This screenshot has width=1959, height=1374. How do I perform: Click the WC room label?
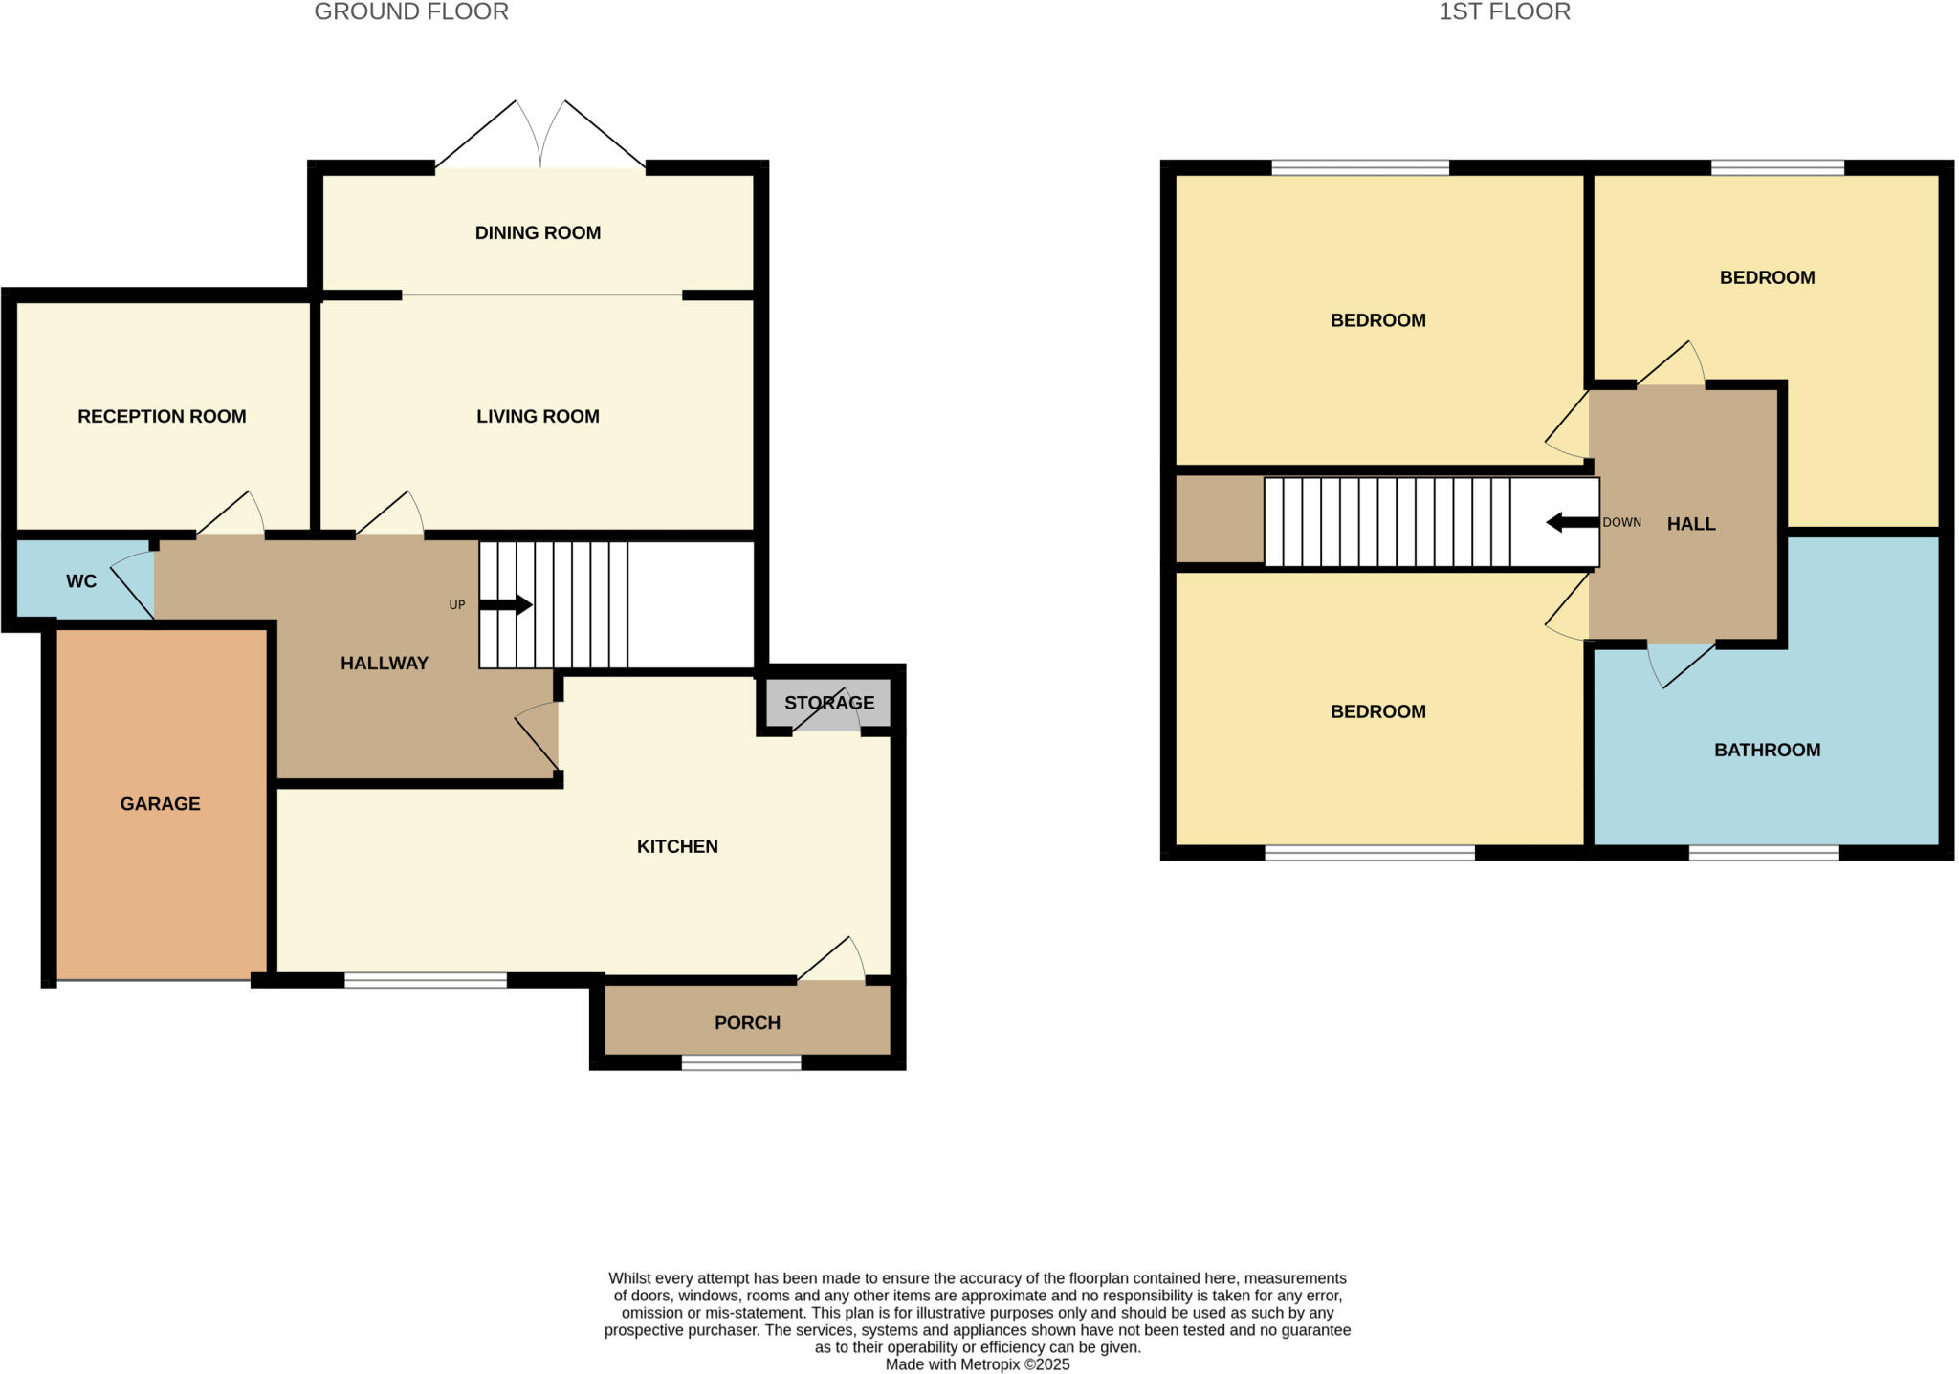pos(81,581)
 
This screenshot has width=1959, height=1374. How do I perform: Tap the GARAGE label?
pos(160,804)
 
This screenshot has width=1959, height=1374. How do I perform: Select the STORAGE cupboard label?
pos(829,703)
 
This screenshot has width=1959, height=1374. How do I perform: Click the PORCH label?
pos(747,1023)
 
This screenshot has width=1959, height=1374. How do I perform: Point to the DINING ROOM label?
pos(538,233)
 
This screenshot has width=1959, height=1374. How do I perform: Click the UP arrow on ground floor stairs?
pos(505,604)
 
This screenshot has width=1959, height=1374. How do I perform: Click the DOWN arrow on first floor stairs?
pos(1572,522)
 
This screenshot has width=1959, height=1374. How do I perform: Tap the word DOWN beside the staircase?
pos(1621,523)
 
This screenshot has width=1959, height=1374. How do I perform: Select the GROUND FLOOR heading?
pos(411,12)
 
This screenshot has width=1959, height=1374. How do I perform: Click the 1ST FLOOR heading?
pos(1505,12)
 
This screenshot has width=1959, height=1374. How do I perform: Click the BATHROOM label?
pos(1767,751)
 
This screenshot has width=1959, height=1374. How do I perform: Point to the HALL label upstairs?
pos(1690,524)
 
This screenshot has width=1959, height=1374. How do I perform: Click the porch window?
pos(741,1062)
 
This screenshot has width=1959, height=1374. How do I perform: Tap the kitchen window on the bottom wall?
pos(426,980)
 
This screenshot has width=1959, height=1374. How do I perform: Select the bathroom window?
pos(1763,852)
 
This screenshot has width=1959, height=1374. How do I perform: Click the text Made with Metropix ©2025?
pos(977,1364)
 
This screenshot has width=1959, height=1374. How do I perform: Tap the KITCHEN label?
pos(677,846)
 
